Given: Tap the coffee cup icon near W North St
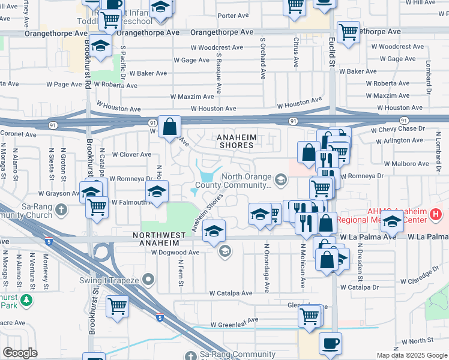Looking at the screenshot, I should (330, 344).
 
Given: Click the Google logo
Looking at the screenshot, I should (20, 353).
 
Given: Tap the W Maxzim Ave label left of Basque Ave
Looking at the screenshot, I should (191, 96).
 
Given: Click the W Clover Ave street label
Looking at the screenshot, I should (130, 154).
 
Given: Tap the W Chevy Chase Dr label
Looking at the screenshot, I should (397, 129).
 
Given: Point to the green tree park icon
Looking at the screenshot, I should (26, 300).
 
